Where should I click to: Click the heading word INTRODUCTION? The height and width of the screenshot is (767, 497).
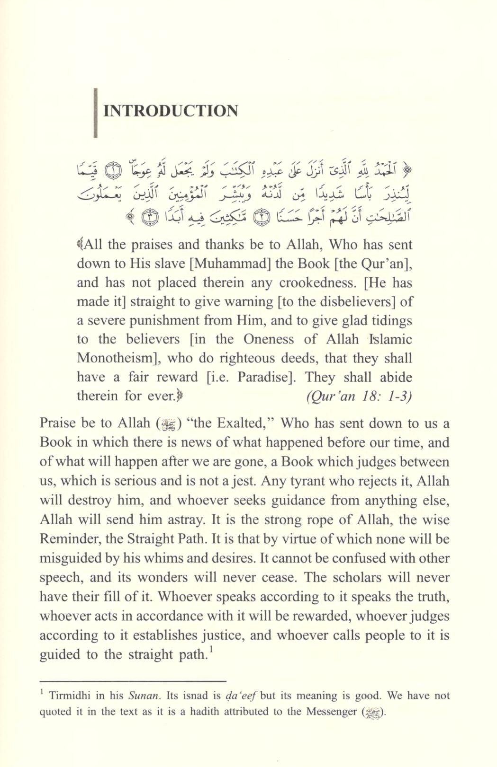(171, 111)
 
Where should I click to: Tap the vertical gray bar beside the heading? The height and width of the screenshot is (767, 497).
(96, 113)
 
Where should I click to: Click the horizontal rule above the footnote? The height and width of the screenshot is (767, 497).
(133, 681)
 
